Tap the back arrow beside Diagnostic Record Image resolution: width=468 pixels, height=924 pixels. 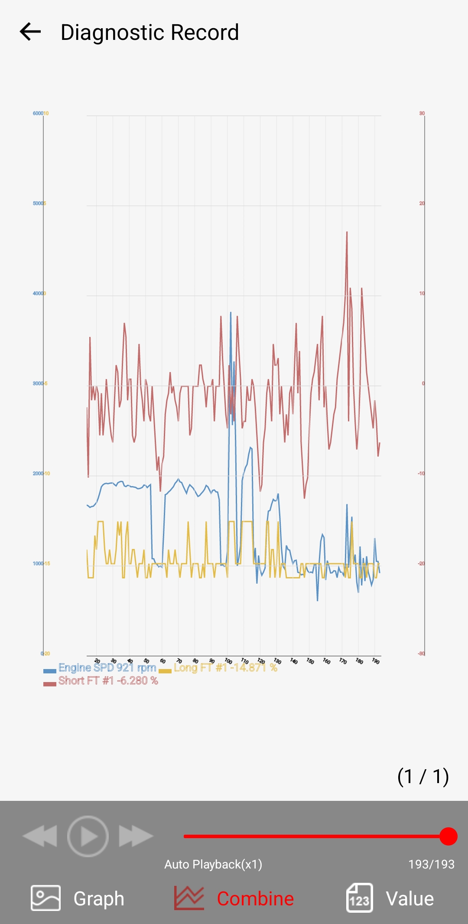pyautogui.click(x=30, y=32)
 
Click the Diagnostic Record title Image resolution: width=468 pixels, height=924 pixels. pyautogui.click(x=149, y=33)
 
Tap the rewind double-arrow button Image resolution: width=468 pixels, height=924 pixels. pyautogui.click(x=40, y=836)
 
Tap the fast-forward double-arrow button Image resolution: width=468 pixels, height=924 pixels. pyautogui.click(x=136, y=836)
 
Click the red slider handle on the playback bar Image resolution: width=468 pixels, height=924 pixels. pyautogui.click(x=448, y=836)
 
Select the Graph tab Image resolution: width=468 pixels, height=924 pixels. pyautogui.click(x=78, y=898)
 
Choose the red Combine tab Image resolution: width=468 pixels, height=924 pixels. pyautogui.click(x=234, y=898)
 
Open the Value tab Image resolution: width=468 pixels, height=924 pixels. pyautogui.click(x=390, y=898)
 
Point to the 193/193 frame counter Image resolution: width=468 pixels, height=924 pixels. pyautogui.click(x=431, y=864)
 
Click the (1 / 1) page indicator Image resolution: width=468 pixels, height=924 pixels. pyautogui.click(x=423, y=777)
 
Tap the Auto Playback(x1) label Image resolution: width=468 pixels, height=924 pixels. pyautogui.click(x=213, y=864)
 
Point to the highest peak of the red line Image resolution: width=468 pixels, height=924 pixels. pyautogui.click(x=347, y=232)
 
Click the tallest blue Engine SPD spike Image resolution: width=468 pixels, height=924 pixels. pyautogui.click(x=231, y=313)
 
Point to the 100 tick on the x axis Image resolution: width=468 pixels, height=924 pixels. pyautogui.click(x=228, y=661)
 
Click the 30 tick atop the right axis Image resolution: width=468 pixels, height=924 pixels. pyautogui.click(x=422, y=113)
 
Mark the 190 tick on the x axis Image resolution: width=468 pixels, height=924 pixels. pyautogui.click(x=376, y=661)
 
